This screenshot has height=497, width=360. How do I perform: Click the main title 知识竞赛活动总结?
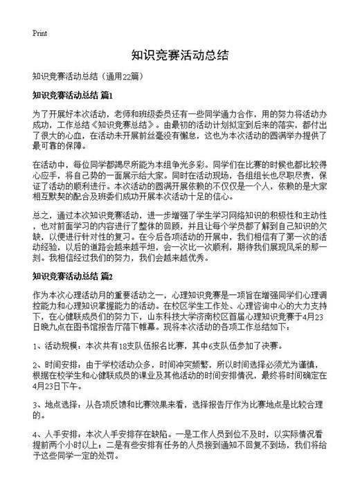click(179, 55)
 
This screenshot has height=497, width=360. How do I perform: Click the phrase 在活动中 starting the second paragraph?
click(48, 166)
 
